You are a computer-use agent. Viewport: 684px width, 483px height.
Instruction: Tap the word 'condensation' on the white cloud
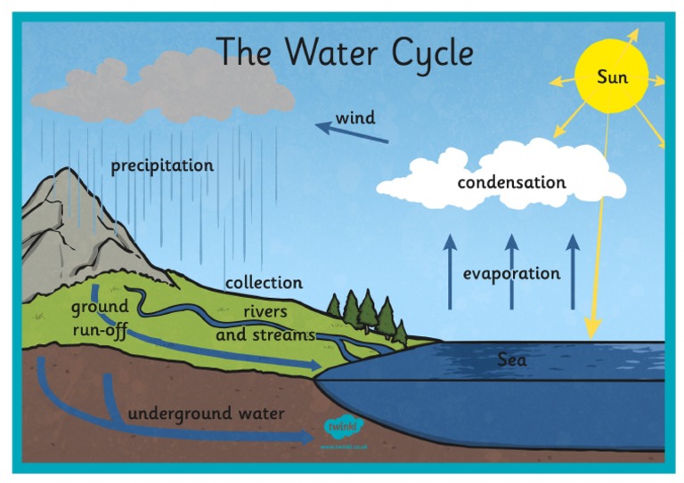pyautogui.click(x=511, y=182)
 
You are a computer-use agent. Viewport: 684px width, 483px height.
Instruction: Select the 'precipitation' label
pyautogui.click(x=162, y=165)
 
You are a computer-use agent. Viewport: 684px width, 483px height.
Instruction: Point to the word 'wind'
pyautogui.click(x=354, y=117)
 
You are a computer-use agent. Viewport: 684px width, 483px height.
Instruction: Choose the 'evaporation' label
pyautogui.click(x=511, y=273)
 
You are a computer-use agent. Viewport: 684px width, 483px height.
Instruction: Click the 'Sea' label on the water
pyautogui.click(x=511, y=359)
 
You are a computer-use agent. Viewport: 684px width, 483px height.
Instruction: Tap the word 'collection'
pyautogui.click(x=264, y=283)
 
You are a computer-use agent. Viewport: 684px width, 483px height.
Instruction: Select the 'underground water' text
pyautogui.click(x=207, y=414)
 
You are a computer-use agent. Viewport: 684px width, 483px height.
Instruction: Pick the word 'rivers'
pyautogui.click(x=265, y=312)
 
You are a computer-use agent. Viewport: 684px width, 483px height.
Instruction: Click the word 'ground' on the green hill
pyautogui.click(x=100, y=307)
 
